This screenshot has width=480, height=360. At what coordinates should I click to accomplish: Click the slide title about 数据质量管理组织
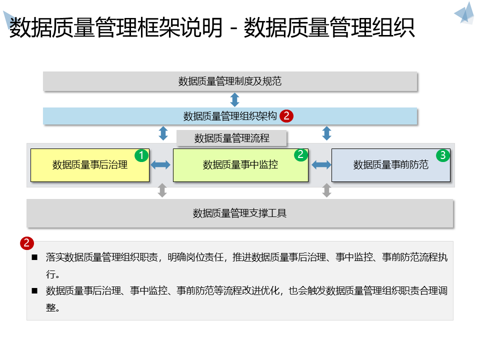click(212, 28)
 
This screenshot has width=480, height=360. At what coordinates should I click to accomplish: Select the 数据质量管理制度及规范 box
click(230, 81)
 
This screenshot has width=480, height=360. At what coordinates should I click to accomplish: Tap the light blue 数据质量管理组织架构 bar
click(230, 116)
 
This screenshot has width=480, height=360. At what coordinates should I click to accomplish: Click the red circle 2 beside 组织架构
click(286, 116)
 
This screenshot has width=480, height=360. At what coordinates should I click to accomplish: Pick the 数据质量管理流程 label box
click(231, 138)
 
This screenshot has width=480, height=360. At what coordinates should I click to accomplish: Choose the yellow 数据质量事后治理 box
click(90, 165)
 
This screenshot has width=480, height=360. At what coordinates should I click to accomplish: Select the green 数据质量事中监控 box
click(240, 165)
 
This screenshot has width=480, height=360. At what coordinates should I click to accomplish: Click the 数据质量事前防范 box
click(390, 165)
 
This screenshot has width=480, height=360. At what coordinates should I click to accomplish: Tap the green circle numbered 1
click(141, 155)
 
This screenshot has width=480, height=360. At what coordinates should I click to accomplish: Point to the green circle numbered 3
click(442, 155)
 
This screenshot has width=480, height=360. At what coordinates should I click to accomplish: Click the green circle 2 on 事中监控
click(300, 154)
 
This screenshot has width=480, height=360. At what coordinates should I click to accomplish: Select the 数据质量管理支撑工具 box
click(240, 213)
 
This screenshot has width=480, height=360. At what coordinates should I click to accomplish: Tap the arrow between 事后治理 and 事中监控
click(161, 165)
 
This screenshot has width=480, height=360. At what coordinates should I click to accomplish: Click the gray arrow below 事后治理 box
click(162, 190)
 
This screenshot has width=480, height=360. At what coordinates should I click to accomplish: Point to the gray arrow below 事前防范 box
click(326, 190)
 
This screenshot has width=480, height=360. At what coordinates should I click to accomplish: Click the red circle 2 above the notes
click(27, 243)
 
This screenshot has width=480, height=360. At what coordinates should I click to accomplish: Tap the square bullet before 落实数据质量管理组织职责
click(34, 258)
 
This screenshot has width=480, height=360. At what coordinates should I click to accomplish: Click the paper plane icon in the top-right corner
click(464, 13)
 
